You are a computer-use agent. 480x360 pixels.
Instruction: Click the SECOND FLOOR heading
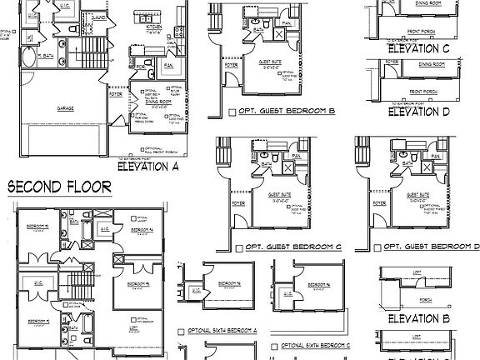(59, 187)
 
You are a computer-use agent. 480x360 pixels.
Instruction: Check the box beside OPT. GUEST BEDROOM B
(232, 112)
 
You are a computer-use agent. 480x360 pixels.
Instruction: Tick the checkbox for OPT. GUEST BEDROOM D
(379, 247)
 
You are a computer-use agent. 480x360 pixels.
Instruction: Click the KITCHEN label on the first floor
(153, 27)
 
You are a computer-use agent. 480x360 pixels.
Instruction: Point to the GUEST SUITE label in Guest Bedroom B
(268, 62)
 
